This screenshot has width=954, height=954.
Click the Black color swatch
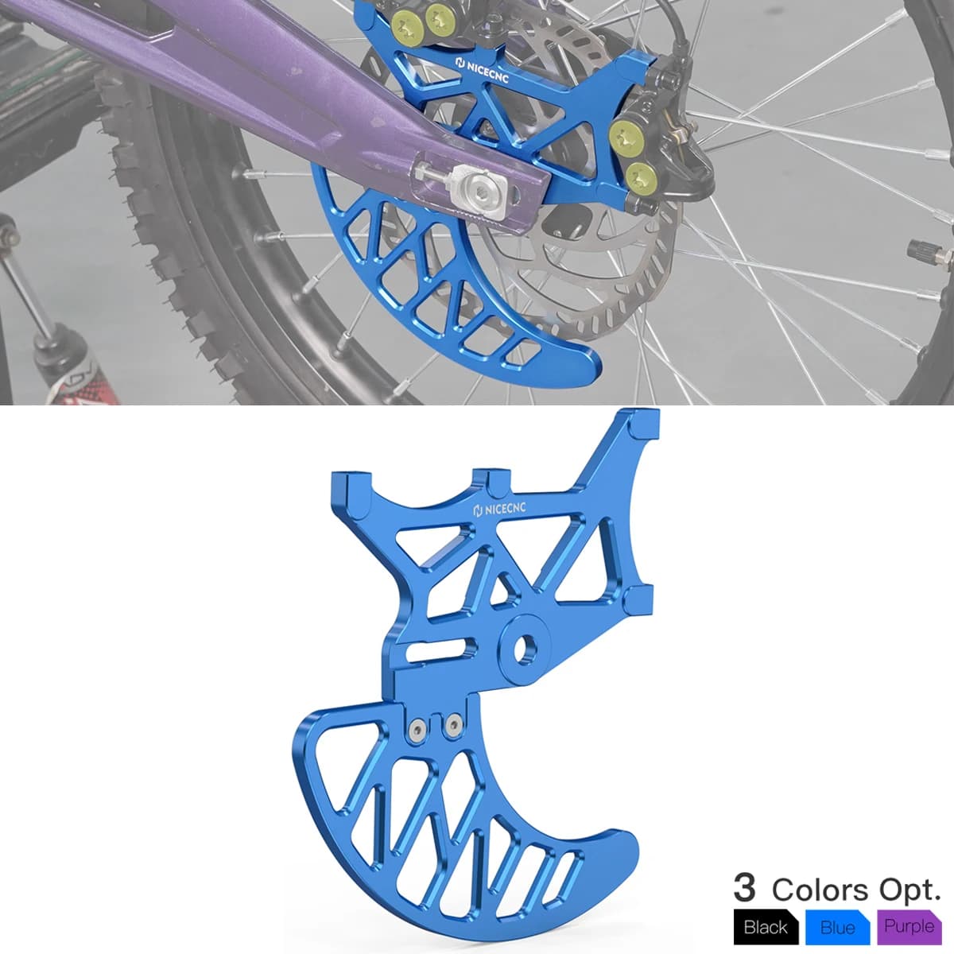click(x=766, y=926)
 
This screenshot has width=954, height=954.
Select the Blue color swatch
click(x=838, y=926)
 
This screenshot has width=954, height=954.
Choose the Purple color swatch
click(x=909, y=926)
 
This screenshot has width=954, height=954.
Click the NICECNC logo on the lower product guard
click(x=499, y=509)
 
